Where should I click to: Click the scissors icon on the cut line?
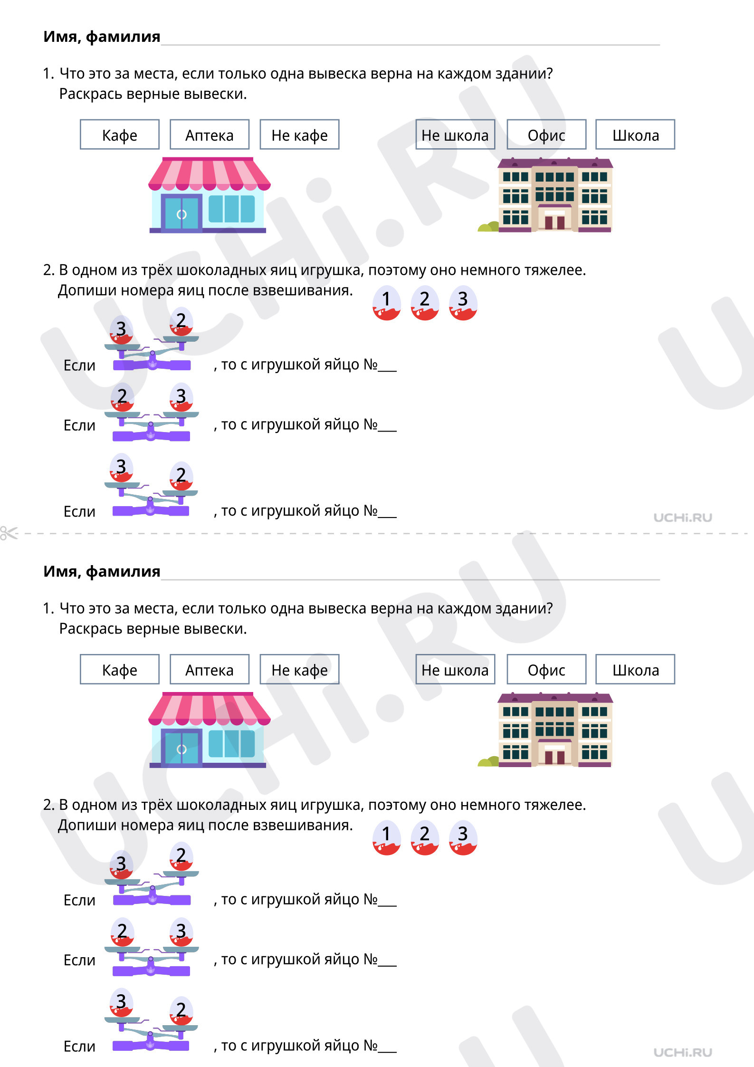click(9, 533)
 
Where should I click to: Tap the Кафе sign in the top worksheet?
click(120, 135)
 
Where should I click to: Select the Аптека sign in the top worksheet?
click(210, 135)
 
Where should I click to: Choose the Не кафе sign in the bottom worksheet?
click(299, 669)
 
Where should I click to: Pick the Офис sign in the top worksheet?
click(546, 135)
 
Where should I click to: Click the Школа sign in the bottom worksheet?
click(635, 669)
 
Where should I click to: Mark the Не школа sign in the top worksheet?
click(455, 135)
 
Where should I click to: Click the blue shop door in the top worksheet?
click(181, 213)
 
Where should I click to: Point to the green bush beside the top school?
click(488, 227)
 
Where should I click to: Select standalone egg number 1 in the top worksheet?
click(386, 303)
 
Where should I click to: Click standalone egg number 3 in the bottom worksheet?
click(463, 837)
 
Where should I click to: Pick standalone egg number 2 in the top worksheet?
click(424, 303)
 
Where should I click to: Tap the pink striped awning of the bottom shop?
click(209, 709)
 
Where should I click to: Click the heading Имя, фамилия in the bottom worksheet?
click(102, 571)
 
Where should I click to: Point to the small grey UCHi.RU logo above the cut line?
click(683, 518)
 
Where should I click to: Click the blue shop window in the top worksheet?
click(231, 209)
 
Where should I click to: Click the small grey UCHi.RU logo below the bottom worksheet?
click(683, 1052)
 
